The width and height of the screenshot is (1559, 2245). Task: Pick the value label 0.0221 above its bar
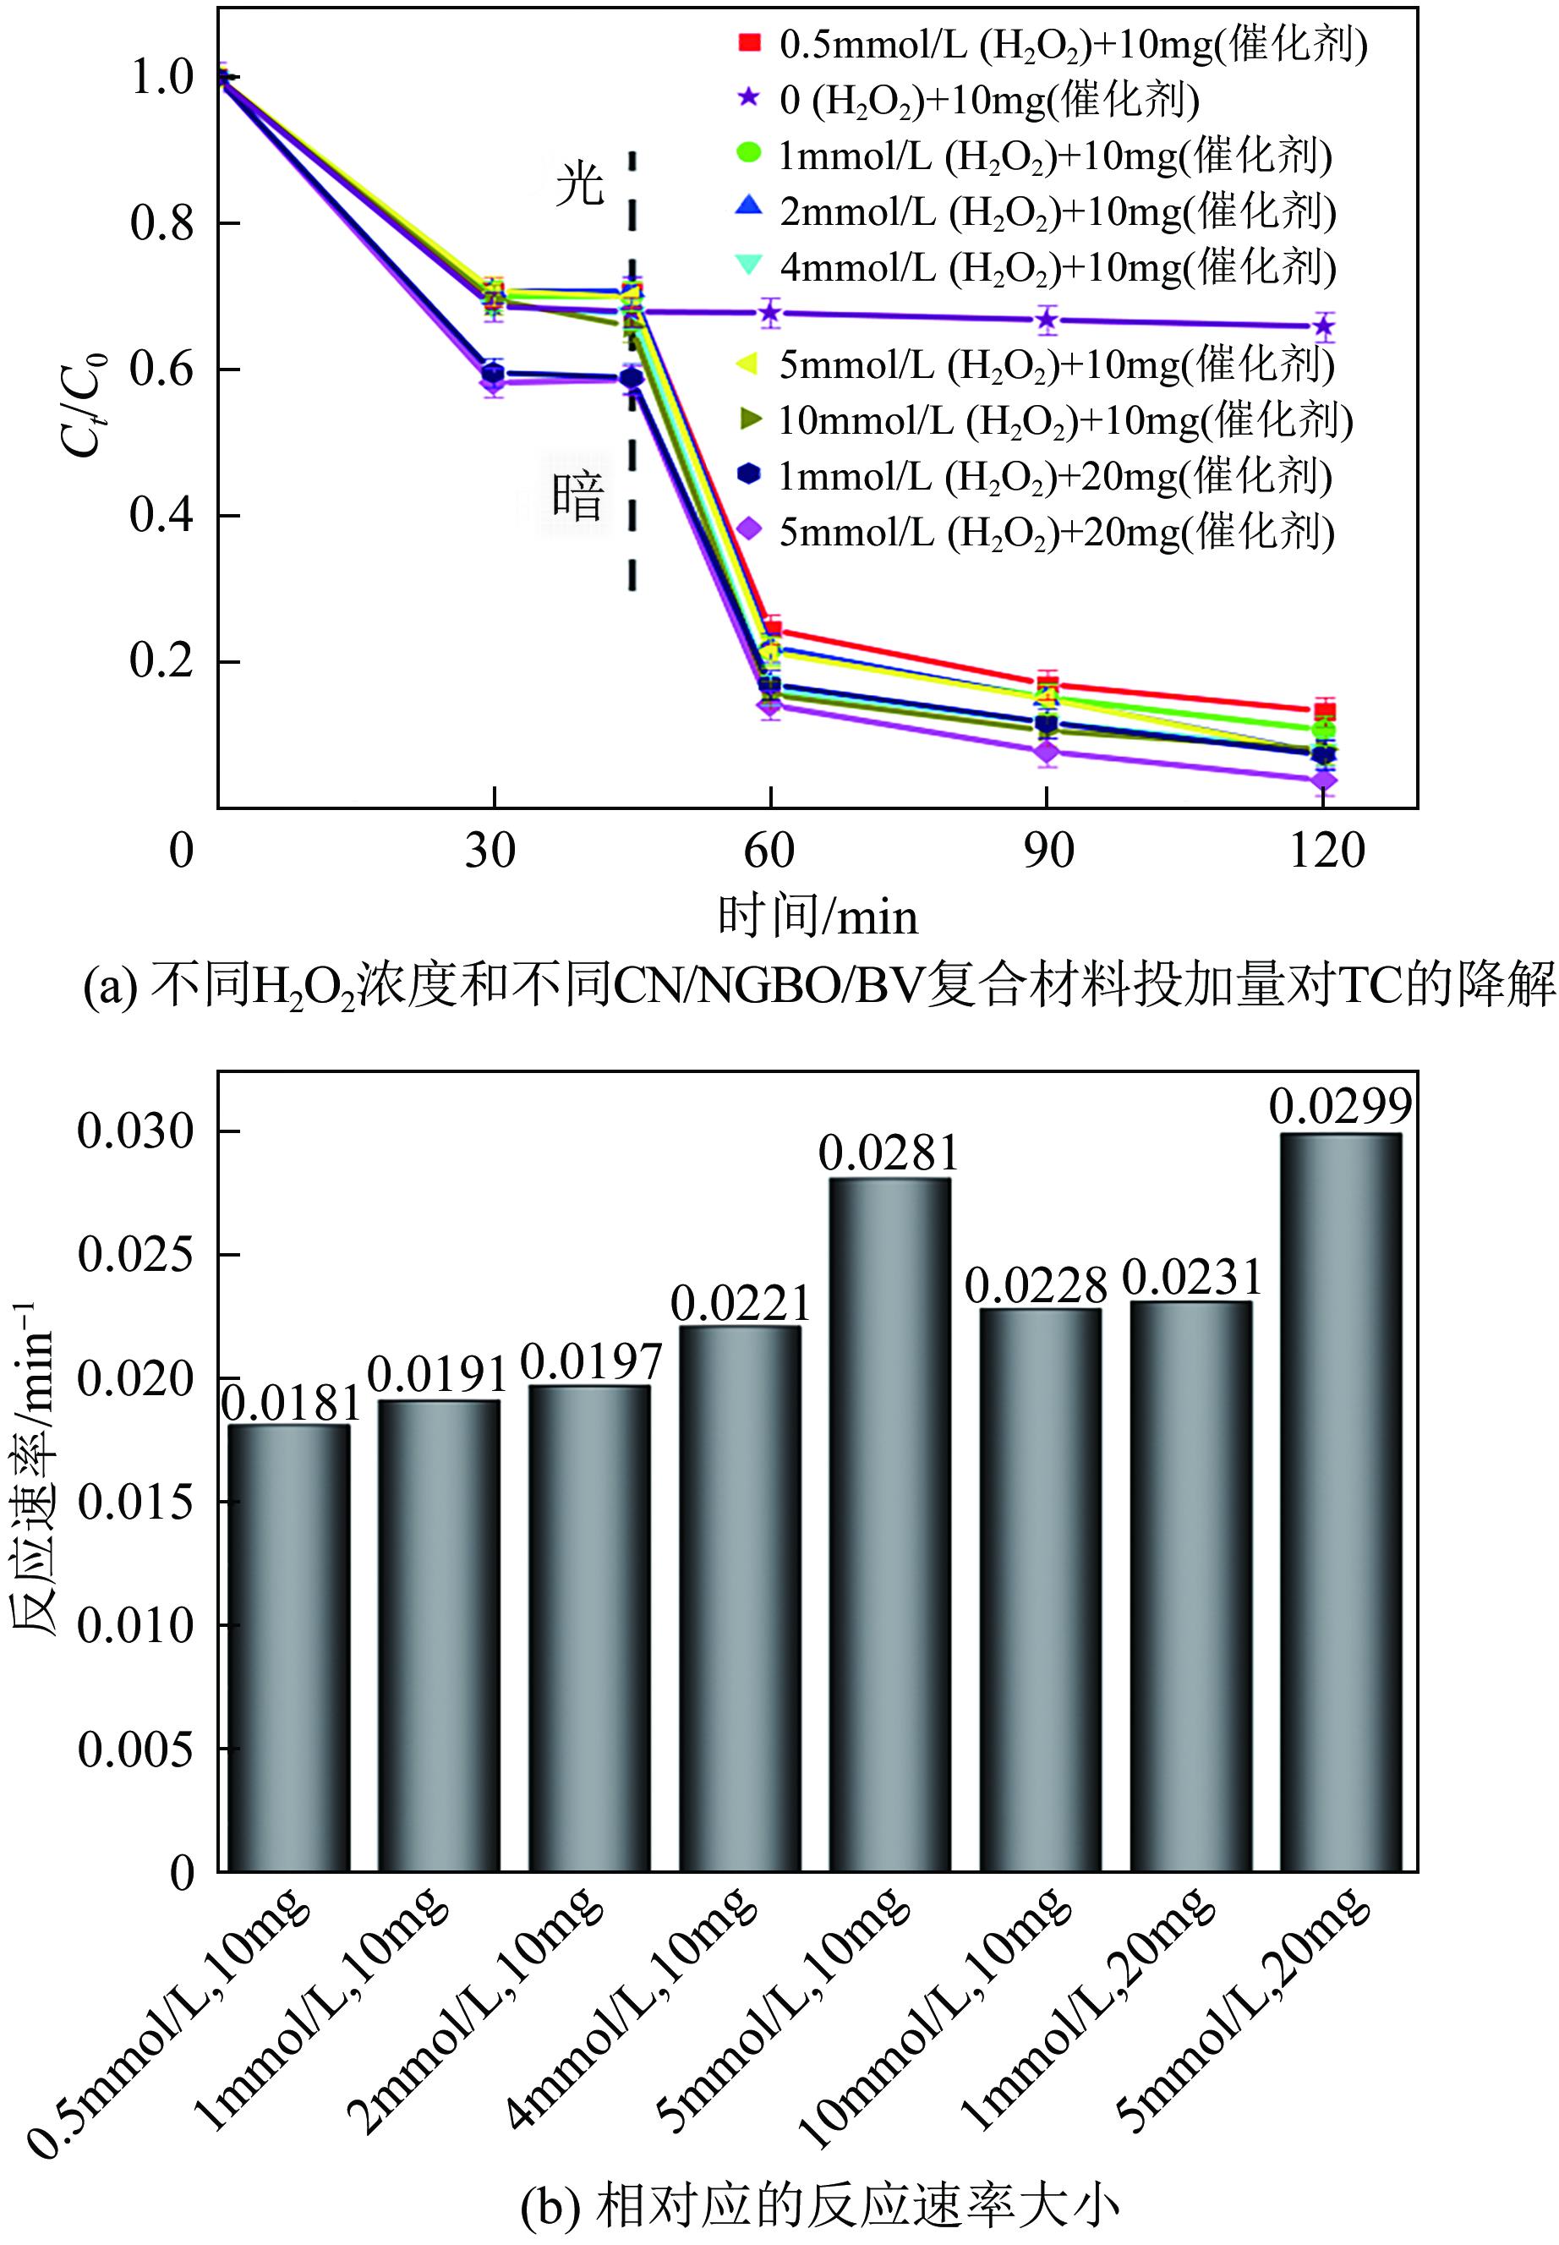pyautogui.click(x=741, y=1304)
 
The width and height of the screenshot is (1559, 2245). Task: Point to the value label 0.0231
pyautogui.click(x=1192, y=1278)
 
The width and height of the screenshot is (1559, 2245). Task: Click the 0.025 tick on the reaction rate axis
pyautogui.click(x=137, y=1254)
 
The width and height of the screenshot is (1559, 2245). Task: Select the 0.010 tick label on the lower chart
pyautogui.click(x=137, y=1626)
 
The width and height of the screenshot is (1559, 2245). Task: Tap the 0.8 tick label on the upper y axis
pyautogui.click(x=162, y=224)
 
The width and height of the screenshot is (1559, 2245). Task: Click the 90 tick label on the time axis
pyautogui.click(x=1048, y=851)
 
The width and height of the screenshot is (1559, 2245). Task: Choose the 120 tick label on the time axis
pyautogui.click(x=1326, y=851)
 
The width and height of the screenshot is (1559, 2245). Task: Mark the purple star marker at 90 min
pyautogui.click(x=1048, y=320)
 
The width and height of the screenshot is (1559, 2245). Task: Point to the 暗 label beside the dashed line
pyautogui.click(x=578, y=497)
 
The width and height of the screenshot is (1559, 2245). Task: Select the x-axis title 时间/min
pyautogui.click(x=818, y=917)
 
